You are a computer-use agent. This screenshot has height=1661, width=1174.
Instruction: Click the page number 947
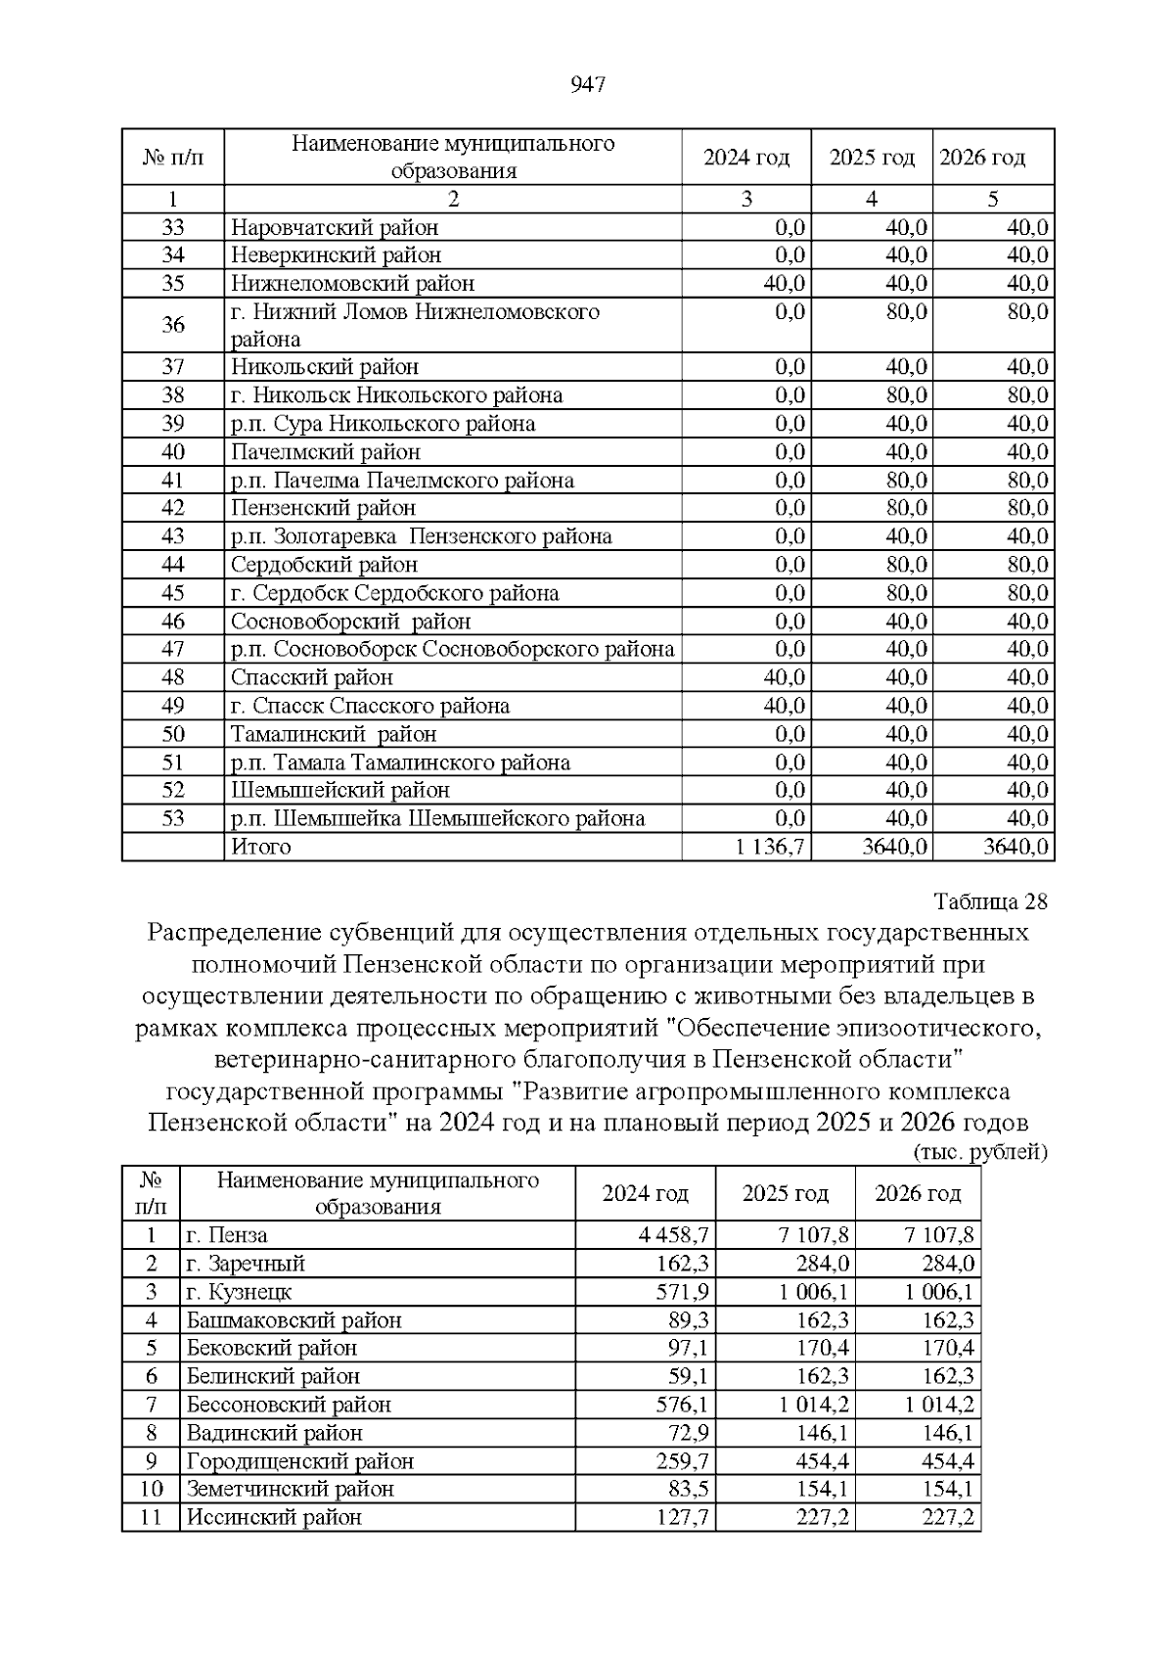pos(587,85)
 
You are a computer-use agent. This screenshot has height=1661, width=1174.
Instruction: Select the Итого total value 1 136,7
pos(771,847)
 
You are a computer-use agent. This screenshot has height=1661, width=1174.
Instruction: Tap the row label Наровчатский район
pos(335,228)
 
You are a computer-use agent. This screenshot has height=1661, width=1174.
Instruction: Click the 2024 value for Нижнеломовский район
pos(784,284)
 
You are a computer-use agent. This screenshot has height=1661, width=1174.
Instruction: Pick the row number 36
pos(173,325)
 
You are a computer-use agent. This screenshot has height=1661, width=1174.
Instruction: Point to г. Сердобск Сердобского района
pos(395,593)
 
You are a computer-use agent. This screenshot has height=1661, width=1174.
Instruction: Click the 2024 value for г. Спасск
pos(784,706)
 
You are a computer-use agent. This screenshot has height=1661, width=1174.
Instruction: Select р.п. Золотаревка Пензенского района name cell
pos(422,536)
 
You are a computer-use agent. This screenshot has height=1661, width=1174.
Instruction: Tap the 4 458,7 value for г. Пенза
pos(673,1235)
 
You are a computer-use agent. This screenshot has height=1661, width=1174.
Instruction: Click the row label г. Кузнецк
pos(240,1292)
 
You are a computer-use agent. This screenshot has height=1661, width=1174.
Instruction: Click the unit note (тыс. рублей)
pos(979,1152)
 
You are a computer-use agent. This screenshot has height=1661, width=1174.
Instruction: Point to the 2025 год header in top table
pos(872,158)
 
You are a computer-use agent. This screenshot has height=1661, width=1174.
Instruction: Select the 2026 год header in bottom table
pos(918,1193)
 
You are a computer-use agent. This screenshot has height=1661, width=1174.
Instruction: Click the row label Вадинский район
pos(275,1433)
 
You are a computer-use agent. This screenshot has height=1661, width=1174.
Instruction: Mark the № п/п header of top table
pos(173,158)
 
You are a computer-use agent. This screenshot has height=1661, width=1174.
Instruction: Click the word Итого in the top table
pos(261,847)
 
